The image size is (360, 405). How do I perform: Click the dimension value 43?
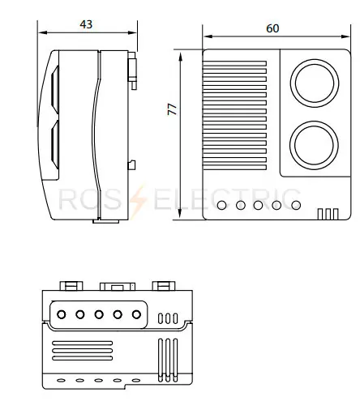click(86, 24)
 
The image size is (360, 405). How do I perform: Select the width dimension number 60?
click(272, 28)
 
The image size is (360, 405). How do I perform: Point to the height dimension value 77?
click(172, 109)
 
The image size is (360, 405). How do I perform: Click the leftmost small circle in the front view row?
click(221, 206)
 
